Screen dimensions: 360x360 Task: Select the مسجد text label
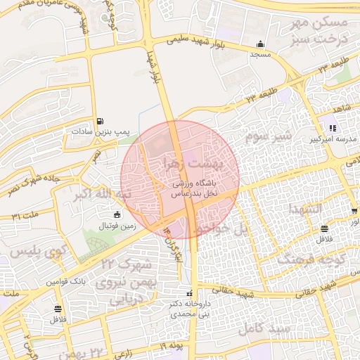pos(261,53)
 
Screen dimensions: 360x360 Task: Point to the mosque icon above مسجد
pos(261,43)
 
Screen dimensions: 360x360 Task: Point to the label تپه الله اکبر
pos(103,193)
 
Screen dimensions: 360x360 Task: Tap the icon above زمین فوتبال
pos(117,214)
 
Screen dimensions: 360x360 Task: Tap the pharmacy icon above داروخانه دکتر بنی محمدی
pos(188,293)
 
